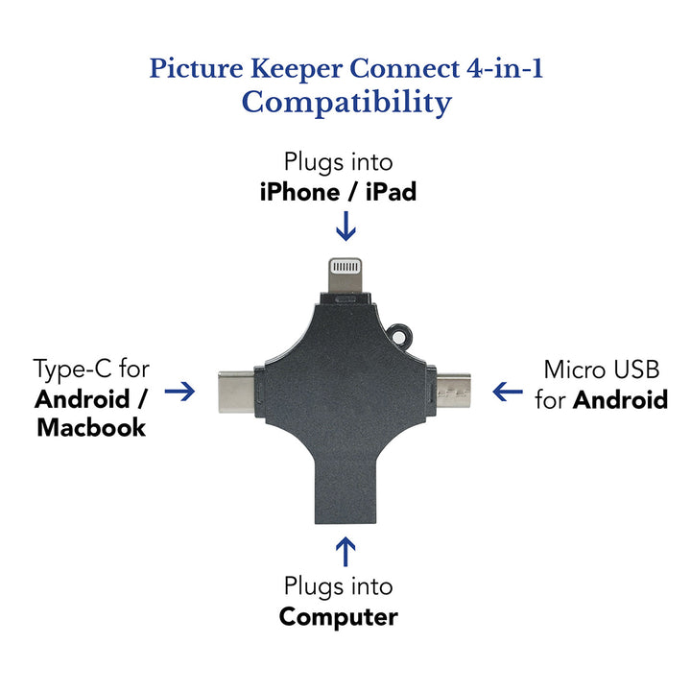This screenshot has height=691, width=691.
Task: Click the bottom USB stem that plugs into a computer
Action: [345, 489]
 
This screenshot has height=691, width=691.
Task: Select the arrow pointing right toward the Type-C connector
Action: [179, 391]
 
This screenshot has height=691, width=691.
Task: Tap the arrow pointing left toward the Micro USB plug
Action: [508, 391]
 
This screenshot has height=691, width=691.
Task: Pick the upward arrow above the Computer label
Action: [345, 552]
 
